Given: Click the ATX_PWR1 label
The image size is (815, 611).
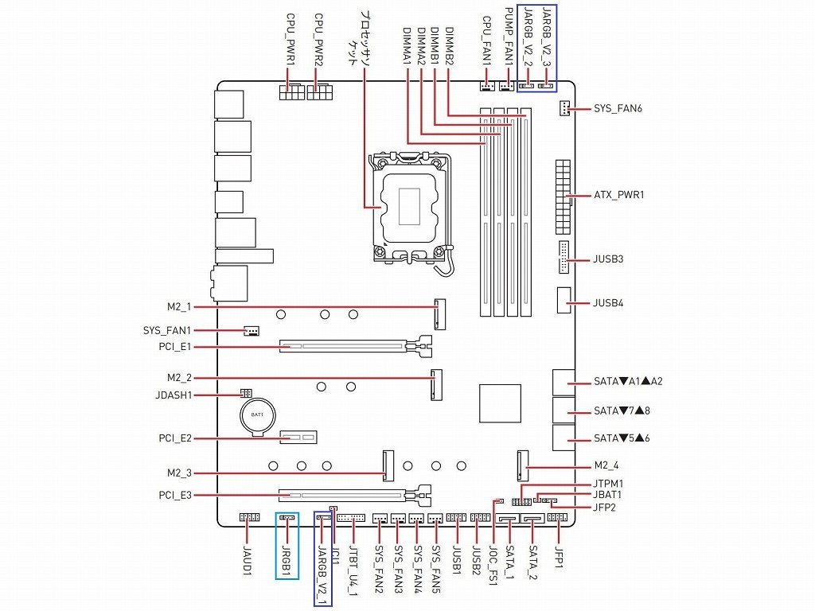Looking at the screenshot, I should (x=618, y=195).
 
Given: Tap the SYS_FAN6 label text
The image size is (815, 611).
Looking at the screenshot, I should (x=618, y=108).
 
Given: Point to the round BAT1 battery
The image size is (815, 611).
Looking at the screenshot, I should (x=257, y=415).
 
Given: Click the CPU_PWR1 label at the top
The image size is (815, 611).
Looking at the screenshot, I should (x=291, y=39).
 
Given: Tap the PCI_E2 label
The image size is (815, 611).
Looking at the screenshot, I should (x=175, y=438).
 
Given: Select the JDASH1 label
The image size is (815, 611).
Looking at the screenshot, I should (x=173, y=395).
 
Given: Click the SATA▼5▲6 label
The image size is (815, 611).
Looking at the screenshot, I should (x=622, y=438).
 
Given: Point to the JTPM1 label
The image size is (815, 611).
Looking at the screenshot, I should (x=608, y=483).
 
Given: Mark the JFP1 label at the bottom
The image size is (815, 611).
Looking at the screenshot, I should (x=559, y=557).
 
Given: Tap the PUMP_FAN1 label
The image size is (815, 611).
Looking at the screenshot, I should (x=511, y=37).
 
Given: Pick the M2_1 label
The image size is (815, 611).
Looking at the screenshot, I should (x=180, y=307).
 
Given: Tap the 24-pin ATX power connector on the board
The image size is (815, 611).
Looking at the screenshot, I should (x=563, y=194).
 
